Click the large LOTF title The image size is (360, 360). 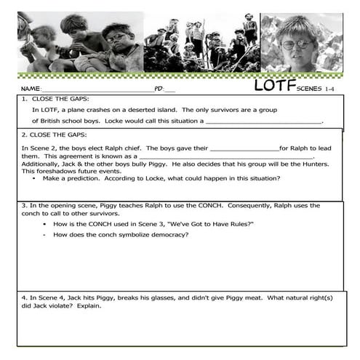click(x=275, y=86)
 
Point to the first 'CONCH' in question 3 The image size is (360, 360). click(x=180, y=206)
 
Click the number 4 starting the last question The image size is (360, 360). click(x=24, y=297)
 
